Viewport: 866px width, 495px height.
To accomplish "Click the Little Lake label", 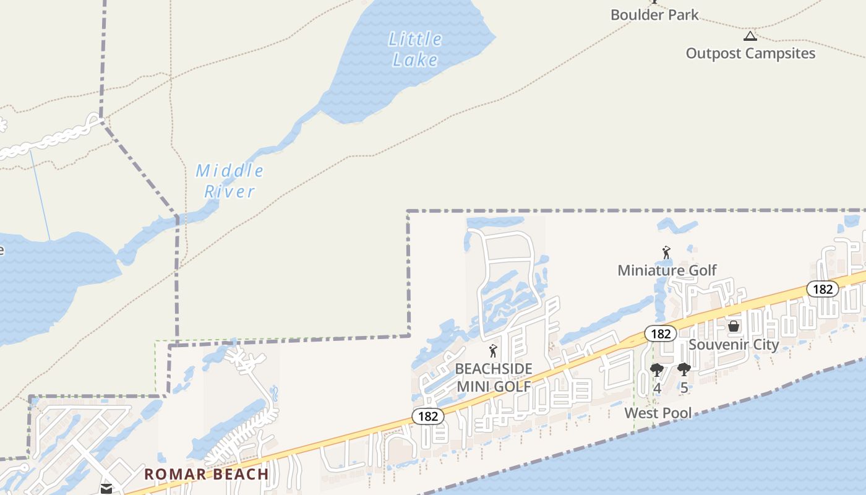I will pos(415,49).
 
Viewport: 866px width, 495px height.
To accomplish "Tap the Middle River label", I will pos(229,181).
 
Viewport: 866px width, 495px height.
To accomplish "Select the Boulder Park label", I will pos(654,15).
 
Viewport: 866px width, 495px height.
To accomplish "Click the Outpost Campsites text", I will pos(750,53).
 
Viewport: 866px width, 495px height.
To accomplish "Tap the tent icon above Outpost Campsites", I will pos(750,36).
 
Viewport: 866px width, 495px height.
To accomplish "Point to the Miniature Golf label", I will pos(667,270).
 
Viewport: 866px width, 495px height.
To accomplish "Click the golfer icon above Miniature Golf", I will pos(666,253).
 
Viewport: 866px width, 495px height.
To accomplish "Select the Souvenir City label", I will pos(734,345).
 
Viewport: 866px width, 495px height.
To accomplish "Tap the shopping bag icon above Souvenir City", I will pos(734,326).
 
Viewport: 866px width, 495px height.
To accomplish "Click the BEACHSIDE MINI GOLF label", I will pos(493,377).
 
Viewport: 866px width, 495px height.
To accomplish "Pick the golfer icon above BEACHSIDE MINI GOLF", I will pos(493,351).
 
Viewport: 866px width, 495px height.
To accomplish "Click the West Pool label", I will pos(658,413).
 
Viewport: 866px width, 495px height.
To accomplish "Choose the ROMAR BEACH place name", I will pos(207,475).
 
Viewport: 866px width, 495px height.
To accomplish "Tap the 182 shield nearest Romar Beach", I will pos(428,416).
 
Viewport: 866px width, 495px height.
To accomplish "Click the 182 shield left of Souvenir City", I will pos(661,334).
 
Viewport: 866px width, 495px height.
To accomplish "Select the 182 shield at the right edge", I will pos(823,289).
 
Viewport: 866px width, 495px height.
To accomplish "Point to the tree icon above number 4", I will pos(657,371).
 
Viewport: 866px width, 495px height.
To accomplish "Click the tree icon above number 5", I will pos(684,370).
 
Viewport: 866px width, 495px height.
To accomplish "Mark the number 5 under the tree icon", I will pos(684,389).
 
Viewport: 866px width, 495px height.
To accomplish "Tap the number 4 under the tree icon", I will pos(657,389).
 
